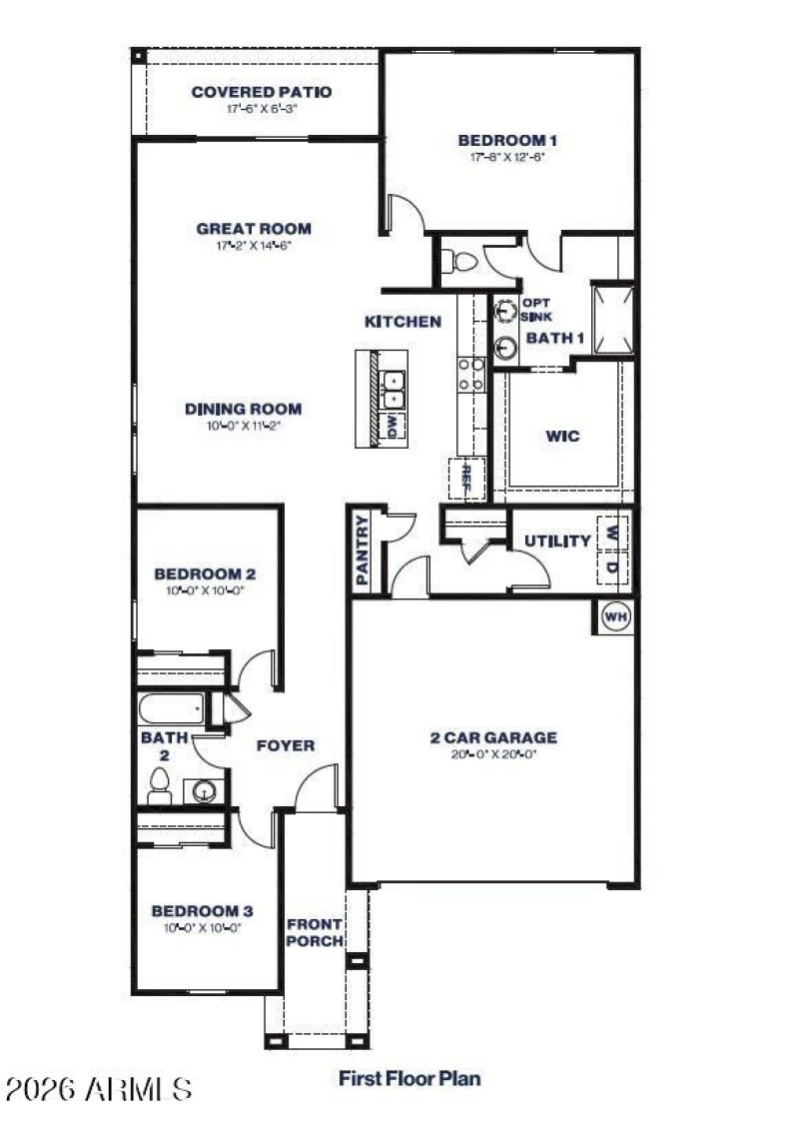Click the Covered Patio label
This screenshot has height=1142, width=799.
point(261,92)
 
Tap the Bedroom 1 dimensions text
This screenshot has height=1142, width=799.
point(506,157)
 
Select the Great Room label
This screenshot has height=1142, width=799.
point(253,228)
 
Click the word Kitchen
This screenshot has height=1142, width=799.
point(402,322)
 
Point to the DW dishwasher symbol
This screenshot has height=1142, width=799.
point(393,428)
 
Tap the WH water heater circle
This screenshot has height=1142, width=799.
point(616,617)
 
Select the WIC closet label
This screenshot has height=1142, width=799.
point(562,436)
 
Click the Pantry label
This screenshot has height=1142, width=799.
point(363,551)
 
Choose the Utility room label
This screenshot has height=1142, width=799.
point(557,542)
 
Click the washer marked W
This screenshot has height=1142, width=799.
point(612,532)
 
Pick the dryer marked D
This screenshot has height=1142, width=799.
point(612,567)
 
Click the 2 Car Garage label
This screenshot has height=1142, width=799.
point(493,738)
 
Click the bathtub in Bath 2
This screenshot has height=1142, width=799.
point(171,710)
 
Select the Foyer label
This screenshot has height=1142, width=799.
point(285,745)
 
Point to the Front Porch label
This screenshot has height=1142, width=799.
point(315,933)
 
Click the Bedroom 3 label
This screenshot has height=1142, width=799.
point(201,911)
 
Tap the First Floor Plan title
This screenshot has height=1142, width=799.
point(409,1078)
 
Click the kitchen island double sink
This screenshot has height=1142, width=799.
point(394,389)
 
